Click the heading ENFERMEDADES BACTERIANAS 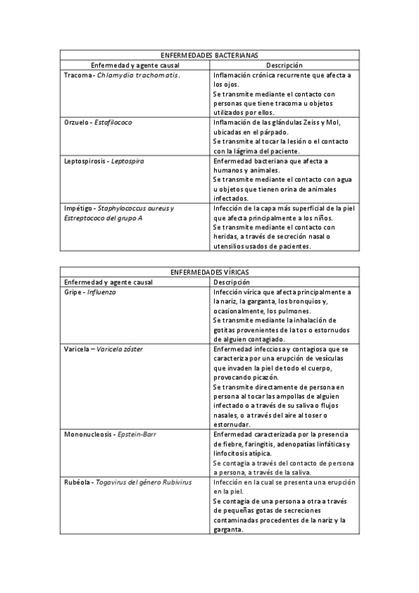click(209, 55)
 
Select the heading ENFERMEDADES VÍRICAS click(209, 271)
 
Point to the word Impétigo click(78, 208)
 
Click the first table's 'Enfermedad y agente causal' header click(131, 65)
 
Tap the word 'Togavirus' click(115, 482)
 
